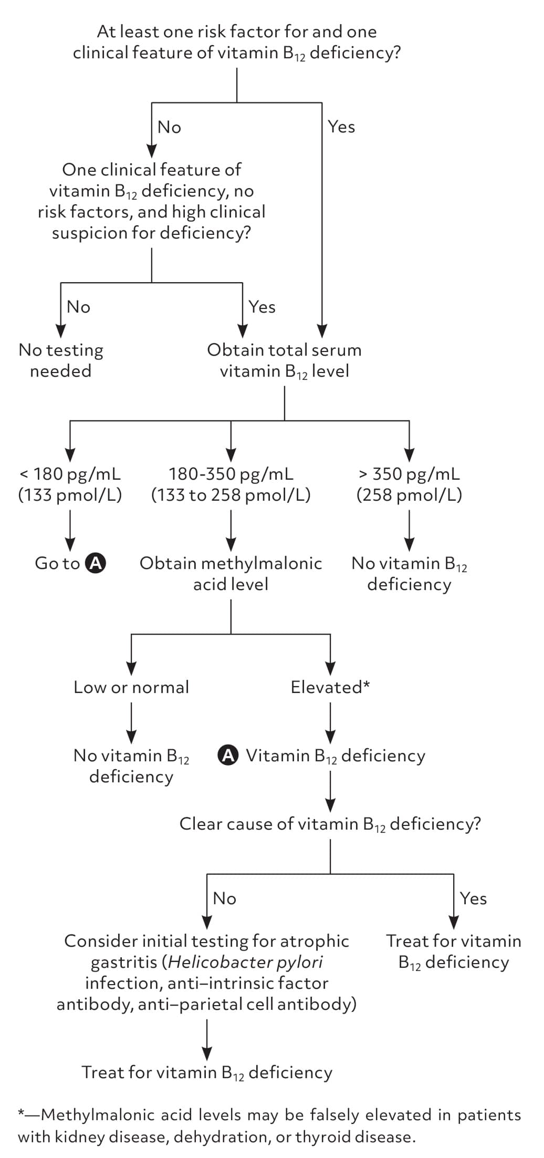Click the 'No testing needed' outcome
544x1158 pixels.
(x=61, y=360)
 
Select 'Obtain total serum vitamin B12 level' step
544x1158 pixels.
(x=284, y=361)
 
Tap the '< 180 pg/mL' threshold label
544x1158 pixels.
(x=70, y=474)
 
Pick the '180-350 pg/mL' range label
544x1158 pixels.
(x=231, y=474)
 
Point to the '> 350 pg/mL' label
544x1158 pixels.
(x=409, y=474)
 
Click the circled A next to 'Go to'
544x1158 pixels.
(x=96, y=563)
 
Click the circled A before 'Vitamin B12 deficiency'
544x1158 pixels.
(x=228, y=755)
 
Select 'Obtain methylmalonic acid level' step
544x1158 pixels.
(x=231, y=573)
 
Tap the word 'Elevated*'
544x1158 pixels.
(x=330, y=687)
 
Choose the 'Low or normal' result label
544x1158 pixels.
(x=131, y=687)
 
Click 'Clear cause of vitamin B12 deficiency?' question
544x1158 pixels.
(x=330, y=824)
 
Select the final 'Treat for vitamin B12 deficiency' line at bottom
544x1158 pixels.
(x=207, y=1072)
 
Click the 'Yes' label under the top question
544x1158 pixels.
(x=341, y=127)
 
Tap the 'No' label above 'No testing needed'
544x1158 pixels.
(x=79, y=307)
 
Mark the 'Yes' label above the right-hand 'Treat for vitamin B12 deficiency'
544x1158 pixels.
(x=473, y=898)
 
